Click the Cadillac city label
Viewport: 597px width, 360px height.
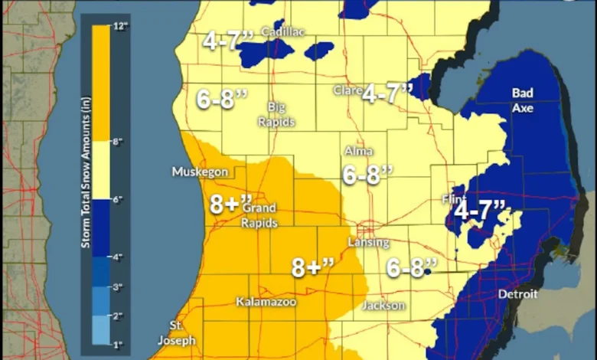point(278,32)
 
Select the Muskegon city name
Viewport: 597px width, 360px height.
point(200,172)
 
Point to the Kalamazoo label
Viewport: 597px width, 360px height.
point(266,301)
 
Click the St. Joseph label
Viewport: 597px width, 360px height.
point(177,333)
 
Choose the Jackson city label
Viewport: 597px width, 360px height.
point(385,306)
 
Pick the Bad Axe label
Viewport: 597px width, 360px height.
point(524,100)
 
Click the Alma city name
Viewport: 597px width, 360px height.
point(359,151)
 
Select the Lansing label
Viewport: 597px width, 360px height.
point(369,243)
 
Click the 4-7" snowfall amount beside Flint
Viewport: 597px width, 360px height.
point(479,209)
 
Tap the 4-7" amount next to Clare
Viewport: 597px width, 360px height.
point(387,94)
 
